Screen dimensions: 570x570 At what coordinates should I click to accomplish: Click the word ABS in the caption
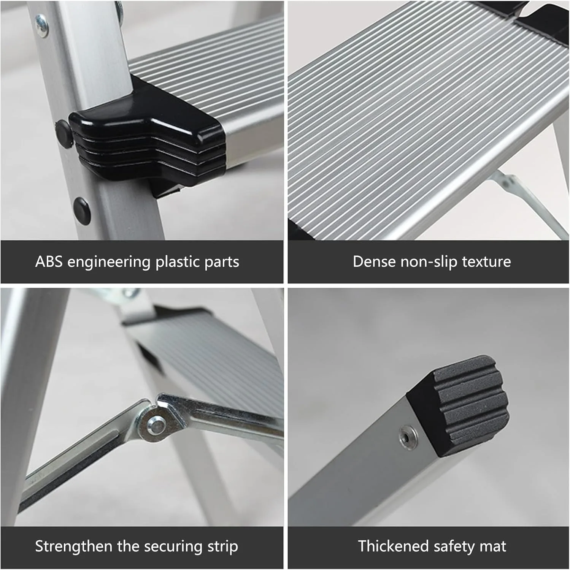pos(49,261)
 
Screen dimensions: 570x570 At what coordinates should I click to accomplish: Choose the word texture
pos(486,261)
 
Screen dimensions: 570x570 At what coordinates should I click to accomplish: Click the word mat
pos(493,546)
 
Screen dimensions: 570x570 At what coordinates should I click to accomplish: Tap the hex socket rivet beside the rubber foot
pos(407,437)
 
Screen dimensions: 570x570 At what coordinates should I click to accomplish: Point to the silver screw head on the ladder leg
pos(42,25)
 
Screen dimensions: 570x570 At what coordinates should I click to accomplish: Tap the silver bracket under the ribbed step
pos(529,201)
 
